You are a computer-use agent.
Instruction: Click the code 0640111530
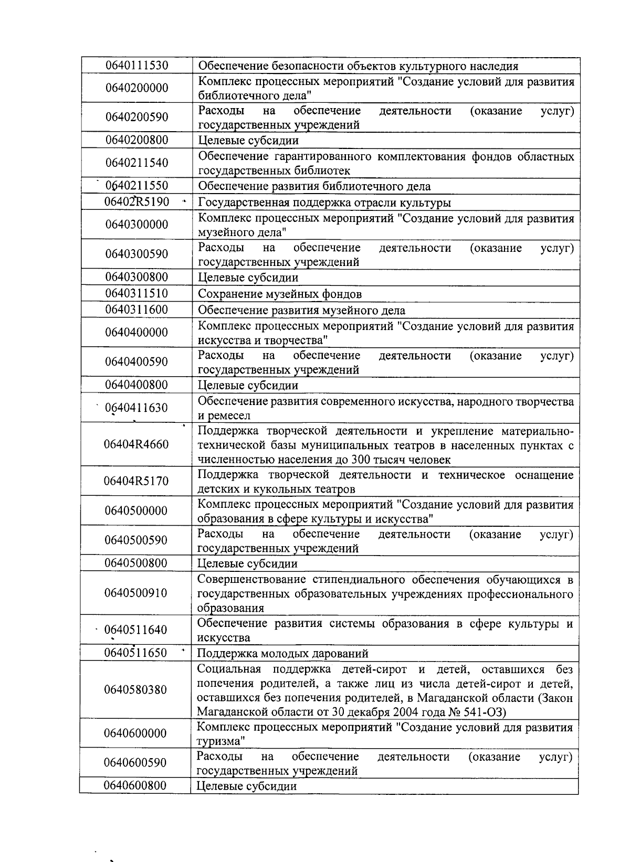tap(136, 66)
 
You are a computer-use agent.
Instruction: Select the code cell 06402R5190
tap(136, 202)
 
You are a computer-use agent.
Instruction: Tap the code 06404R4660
tap(136, 444)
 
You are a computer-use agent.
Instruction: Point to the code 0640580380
tap(135, 689)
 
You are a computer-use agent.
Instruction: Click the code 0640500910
tap(135, 593)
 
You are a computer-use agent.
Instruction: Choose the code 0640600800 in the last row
tap(135, 785)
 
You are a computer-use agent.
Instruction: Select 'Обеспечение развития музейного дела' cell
tap(301, 310)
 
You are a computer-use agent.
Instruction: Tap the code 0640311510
tap(136, 293)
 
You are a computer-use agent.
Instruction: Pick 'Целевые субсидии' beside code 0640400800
tap(248, 386)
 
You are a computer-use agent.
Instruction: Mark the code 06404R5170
tap(136, 481)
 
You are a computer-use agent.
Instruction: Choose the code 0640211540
tap(136, 163)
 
